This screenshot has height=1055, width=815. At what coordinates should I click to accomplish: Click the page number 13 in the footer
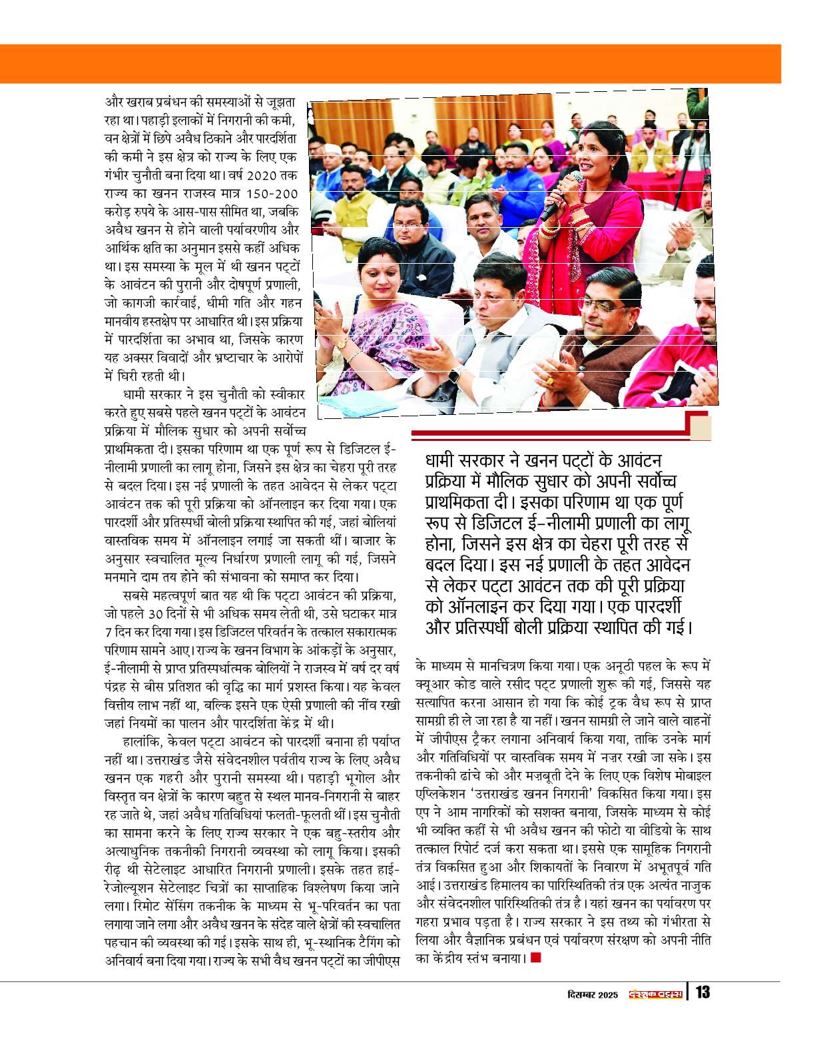[x=702, y=992]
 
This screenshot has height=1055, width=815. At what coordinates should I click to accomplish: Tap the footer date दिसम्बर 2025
[x=593, y=994]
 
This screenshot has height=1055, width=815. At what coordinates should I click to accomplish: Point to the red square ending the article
[x=535, y=958]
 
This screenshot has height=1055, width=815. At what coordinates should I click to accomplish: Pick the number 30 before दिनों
[x=155, y=613]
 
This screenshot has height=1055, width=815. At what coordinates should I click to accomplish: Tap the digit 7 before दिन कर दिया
[x=108, y=631]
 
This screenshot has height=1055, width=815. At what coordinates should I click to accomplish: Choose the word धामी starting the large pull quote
[x=445, y=460]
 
